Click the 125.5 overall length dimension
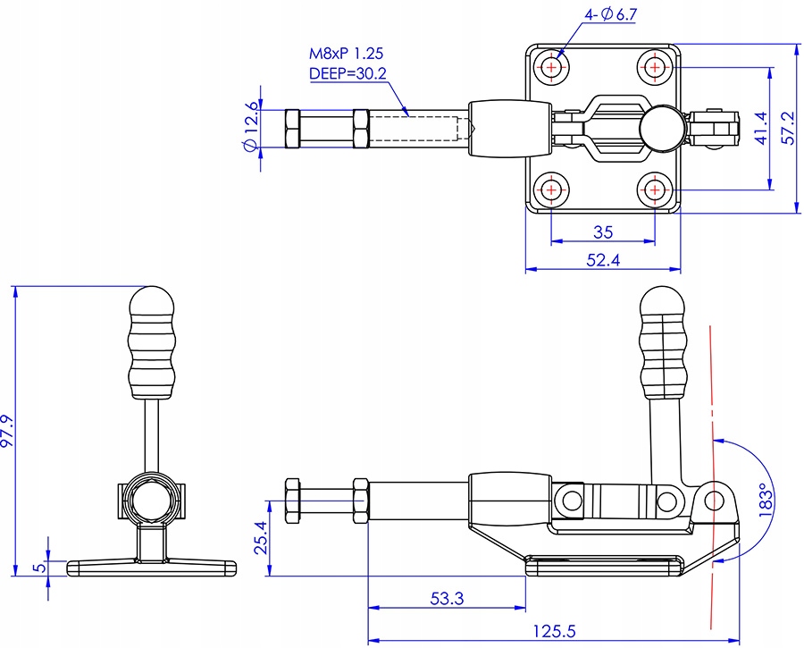pyautogui.click(x=554, y=630)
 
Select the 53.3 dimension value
pyautogui.click(x=447, y=598)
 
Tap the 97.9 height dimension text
pyautogui.click(x=8, y=431)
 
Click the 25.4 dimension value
pyautogui.click(x=261, y=538)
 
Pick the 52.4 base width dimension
pyautogui.click(x=603, y=260)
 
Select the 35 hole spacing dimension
pyautogui.click(x=603, y=232)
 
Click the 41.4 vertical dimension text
pyautogui.click(x=761, y=129)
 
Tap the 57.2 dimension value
pyautogui.click(x=789, y=129)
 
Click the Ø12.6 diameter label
pyautogui.click(x=251, y=127)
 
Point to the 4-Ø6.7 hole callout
pyautogui.click(x=611, y=14)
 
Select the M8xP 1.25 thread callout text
pyautogui.click(x=346, y=54)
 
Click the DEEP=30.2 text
pyautogui.click(x=348, y=74)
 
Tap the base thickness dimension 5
pyautogui.click(x=39, y=568)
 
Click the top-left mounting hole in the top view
pyautogui.click(x=551, y=67)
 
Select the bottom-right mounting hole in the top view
pyautogui.click(x=655, y=190)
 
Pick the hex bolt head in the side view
pyautogui.click(x=292, y=501)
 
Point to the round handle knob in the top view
pyautogui.click(x=661, y=129)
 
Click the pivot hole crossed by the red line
pyautogui.click(x=714, y=500)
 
